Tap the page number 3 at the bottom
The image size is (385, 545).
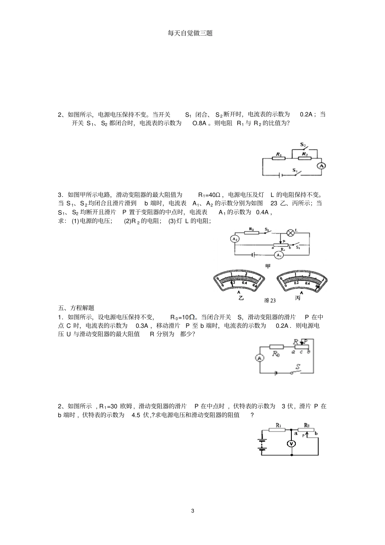click(x=192, y=511)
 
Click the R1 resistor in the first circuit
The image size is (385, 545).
click(x=279, y=158)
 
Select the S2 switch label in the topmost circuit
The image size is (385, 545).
click(x=303, y=144)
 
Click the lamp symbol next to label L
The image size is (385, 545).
click(x=290, y=233)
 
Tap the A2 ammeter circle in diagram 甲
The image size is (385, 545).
click(x=235, y=239)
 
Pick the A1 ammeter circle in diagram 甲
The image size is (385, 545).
click(x=278, y=255)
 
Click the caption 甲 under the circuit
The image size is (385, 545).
click(x=267, y=266)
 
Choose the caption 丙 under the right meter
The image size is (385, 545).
click(x=298, y=298)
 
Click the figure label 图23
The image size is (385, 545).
click(x=269, y=300)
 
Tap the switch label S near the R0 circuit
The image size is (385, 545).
click(x=298, y=367)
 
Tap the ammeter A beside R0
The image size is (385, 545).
click(x=260, y=357)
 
